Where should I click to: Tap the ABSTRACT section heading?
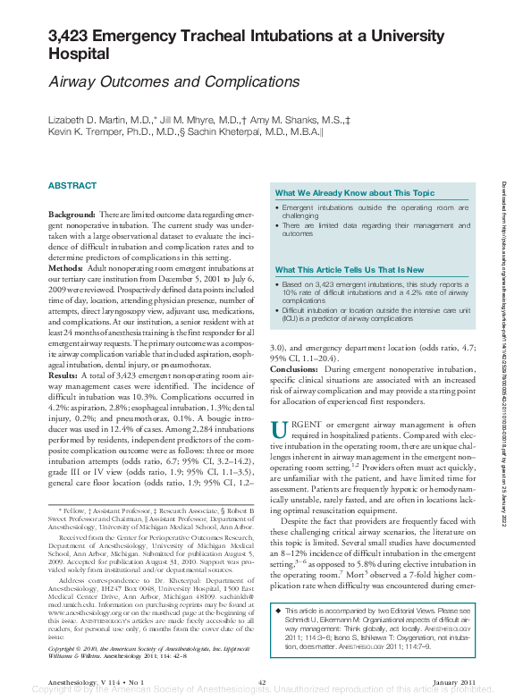tap(72, 185)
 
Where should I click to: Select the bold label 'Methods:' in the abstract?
tap(65, 268)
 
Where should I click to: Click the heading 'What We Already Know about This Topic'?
tap(355, 193)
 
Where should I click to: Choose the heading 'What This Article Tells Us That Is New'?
tap(350, 269)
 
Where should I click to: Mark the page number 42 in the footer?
tap(262, 682)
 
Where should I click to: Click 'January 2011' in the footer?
tap(455, 682)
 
